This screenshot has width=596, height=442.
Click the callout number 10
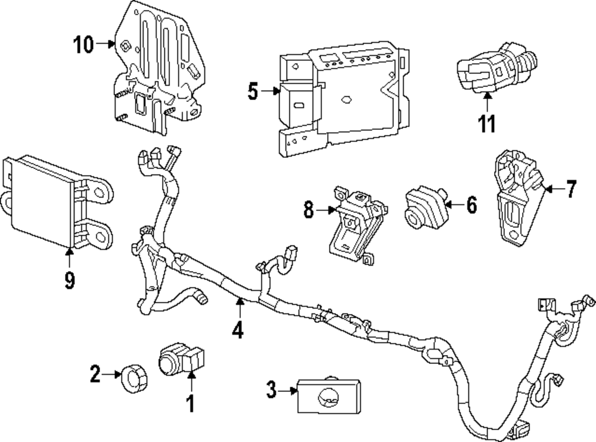[84, 44]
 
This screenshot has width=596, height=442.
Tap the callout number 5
[253, 92]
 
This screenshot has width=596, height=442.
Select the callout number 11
[486, 124]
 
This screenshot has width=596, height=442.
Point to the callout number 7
[571, 189]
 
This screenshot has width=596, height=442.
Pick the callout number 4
[238, 329]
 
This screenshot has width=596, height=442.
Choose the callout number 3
[271, 391]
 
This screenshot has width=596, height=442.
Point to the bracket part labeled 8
[353, 223]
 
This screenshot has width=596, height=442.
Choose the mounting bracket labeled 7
[516, 200]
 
